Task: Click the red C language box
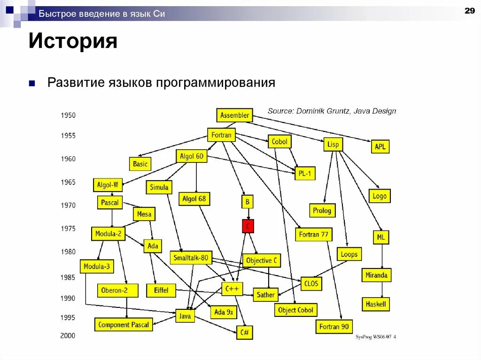[248, 227]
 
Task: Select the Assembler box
[234, 115]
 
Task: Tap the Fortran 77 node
[314, 234]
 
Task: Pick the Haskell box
[376, 304]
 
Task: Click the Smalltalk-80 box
[191, 258]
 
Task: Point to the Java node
[185, 316]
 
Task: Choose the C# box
[244, 333]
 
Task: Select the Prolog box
[322, 210]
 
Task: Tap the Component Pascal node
[124, 324]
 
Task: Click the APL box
[380, 146]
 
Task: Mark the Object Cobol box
[295, 310]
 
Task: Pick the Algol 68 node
[194, 199]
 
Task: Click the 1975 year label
[68, 229]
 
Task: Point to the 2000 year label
[68, 336]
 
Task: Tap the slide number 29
[469, 11]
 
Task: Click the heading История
[73, 41]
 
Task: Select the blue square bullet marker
[32, 84]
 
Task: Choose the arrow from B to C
[248, 214]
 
